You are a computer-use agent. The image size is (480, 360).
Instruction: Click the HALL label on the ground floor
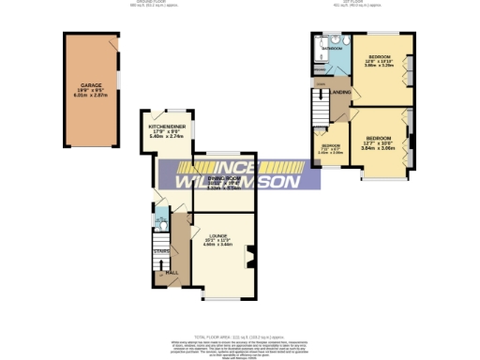coord(172,273)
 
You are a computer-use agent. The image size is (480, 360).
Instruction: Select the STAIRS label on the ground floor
coord(160,250)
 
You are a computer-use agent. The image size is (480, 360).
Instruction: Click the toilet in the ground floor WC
coord(160,225)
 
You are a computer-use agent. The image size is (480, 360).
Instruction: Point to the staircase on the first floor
coord(320,112)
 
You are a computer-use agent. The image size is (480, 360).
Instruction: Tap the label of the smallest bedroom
coord(331,146)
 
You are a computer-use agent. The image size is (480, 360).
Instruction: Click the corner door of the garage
coord(112,42)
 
